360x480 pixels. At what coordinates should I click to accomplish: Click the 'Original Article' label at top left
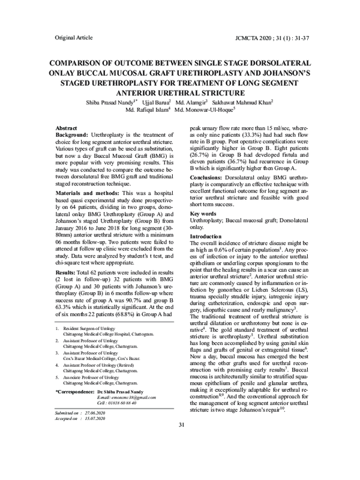point(73,38)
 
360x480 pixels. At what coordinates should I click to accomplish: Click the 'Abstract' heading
point(66,129)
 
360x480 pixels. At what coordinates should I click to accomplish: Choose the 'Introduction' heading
point(206,254)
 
